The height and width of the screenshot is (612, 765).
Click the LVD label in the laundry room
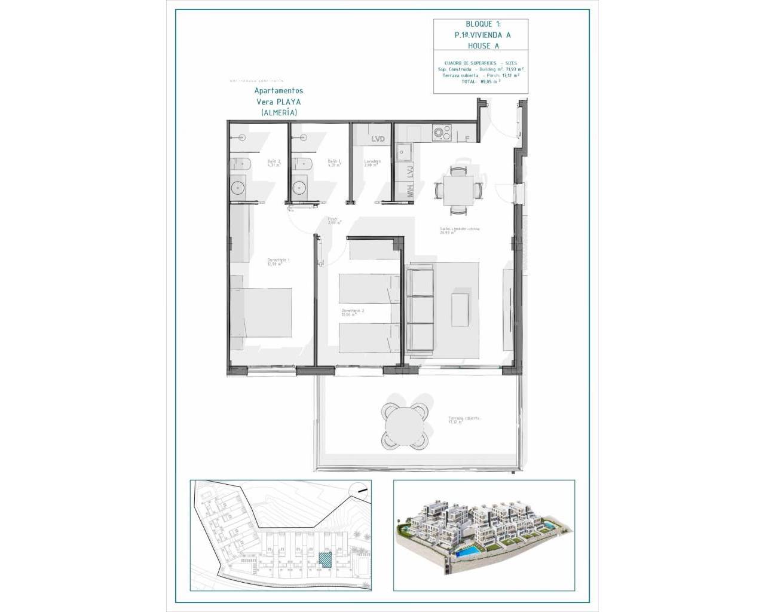(x=378, y=139)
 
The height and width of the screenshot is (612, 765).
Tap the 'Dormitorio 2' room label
(x=353, y=313)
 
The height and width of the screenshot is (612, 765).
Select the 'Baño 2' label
(x=274, y=163)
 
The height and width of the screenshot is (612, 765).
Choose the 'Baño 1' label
(x=333, y=163)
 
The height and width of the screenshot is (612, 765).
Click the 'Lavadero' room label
(x=372, y=163)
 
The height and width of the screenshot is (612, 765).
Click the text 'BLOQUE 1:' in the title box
(x=482, y=24)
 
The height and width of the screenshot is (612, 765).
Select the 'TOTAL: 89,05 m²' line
(x=481, y=81)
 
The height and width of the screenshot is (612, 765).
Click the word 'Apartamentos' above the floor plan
(x=279, y=91)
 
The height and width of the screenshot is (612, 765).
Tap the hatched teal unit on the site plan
(x=325, y=560)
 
